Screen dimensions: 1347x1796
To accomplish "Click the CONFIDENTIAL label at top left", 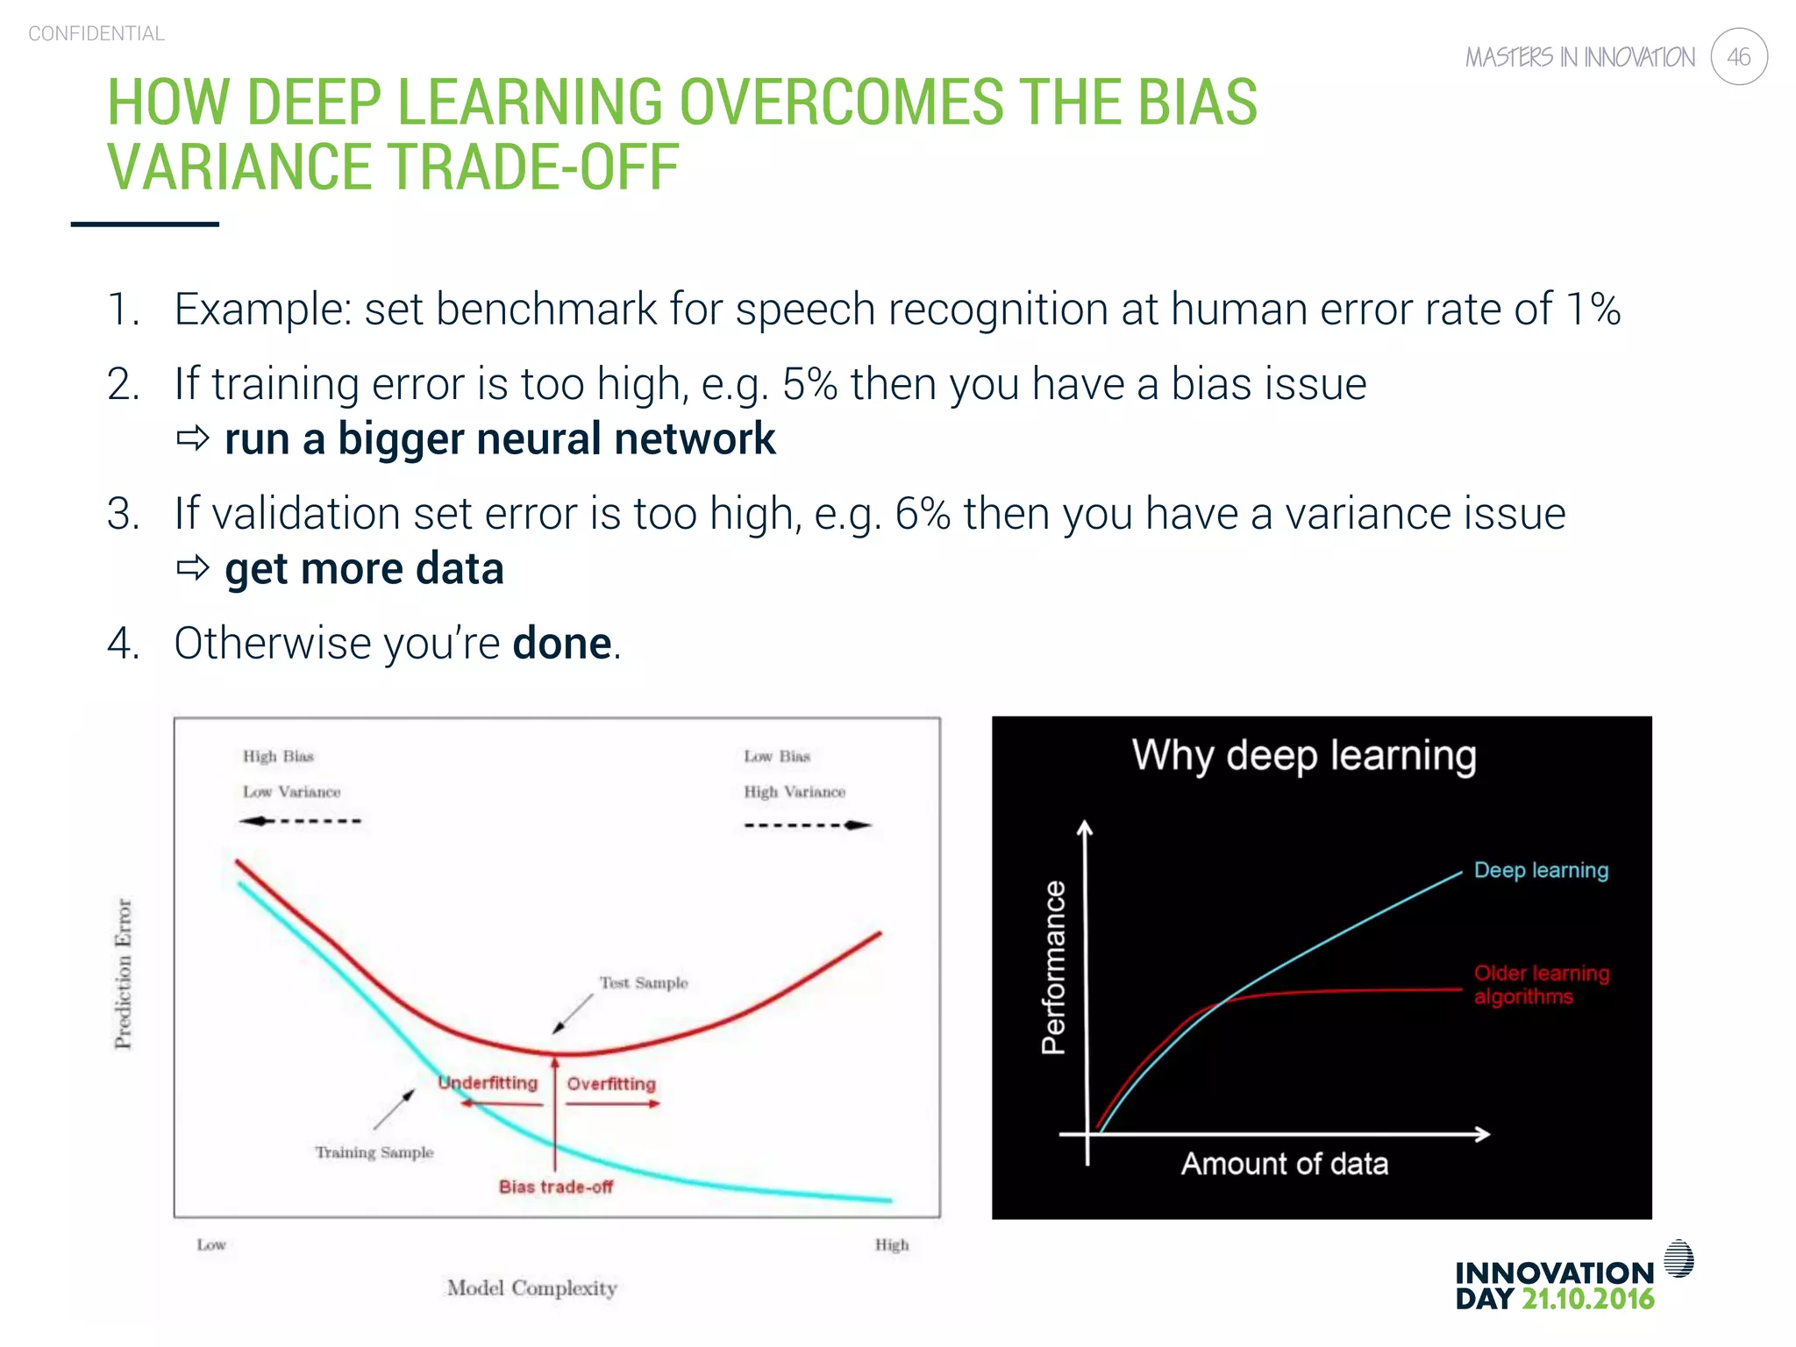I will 96,33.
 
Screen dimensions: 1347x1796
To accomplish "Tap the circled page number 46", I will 1738,57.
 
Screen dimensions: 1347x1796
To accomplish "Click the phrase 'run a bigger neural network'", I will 500,439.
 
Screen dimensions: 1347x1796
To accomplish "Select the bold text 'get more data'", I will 364,569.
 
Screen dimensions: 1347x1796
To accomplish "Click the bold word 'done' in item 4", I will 562,644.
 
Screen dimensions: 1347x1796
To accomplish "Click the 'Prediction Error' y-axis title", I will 124,973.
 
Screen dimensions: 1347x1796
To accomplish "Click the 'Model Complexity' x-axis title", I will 531,1287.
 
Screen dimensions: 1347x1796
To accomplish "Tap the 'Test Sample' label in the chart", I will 644,983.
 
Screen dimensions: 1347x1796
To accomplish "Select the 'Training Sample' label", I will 374,1152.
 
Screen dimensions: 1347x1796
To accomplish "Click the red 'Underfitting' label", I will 488,1083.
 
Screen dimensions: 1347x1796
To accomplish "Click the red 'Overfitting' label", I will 611,1084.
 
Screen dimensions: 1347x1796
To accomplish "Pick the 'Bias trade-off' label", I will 556,1187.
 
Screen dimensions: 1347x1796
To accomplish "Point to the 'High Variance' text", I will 795,792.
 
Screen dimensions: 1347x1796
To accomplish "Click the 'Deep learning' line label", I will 1541,870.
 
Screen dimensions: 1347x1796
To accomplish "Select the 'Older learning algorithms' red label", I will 1541,985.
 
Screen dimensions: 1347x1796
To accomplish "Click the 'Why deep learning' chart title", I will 1304,755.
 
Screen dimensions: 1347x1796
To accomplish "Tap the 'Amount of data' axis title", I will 1285,1164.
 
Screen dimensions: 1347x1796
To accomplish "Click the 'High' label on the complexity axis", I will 892,1244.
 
